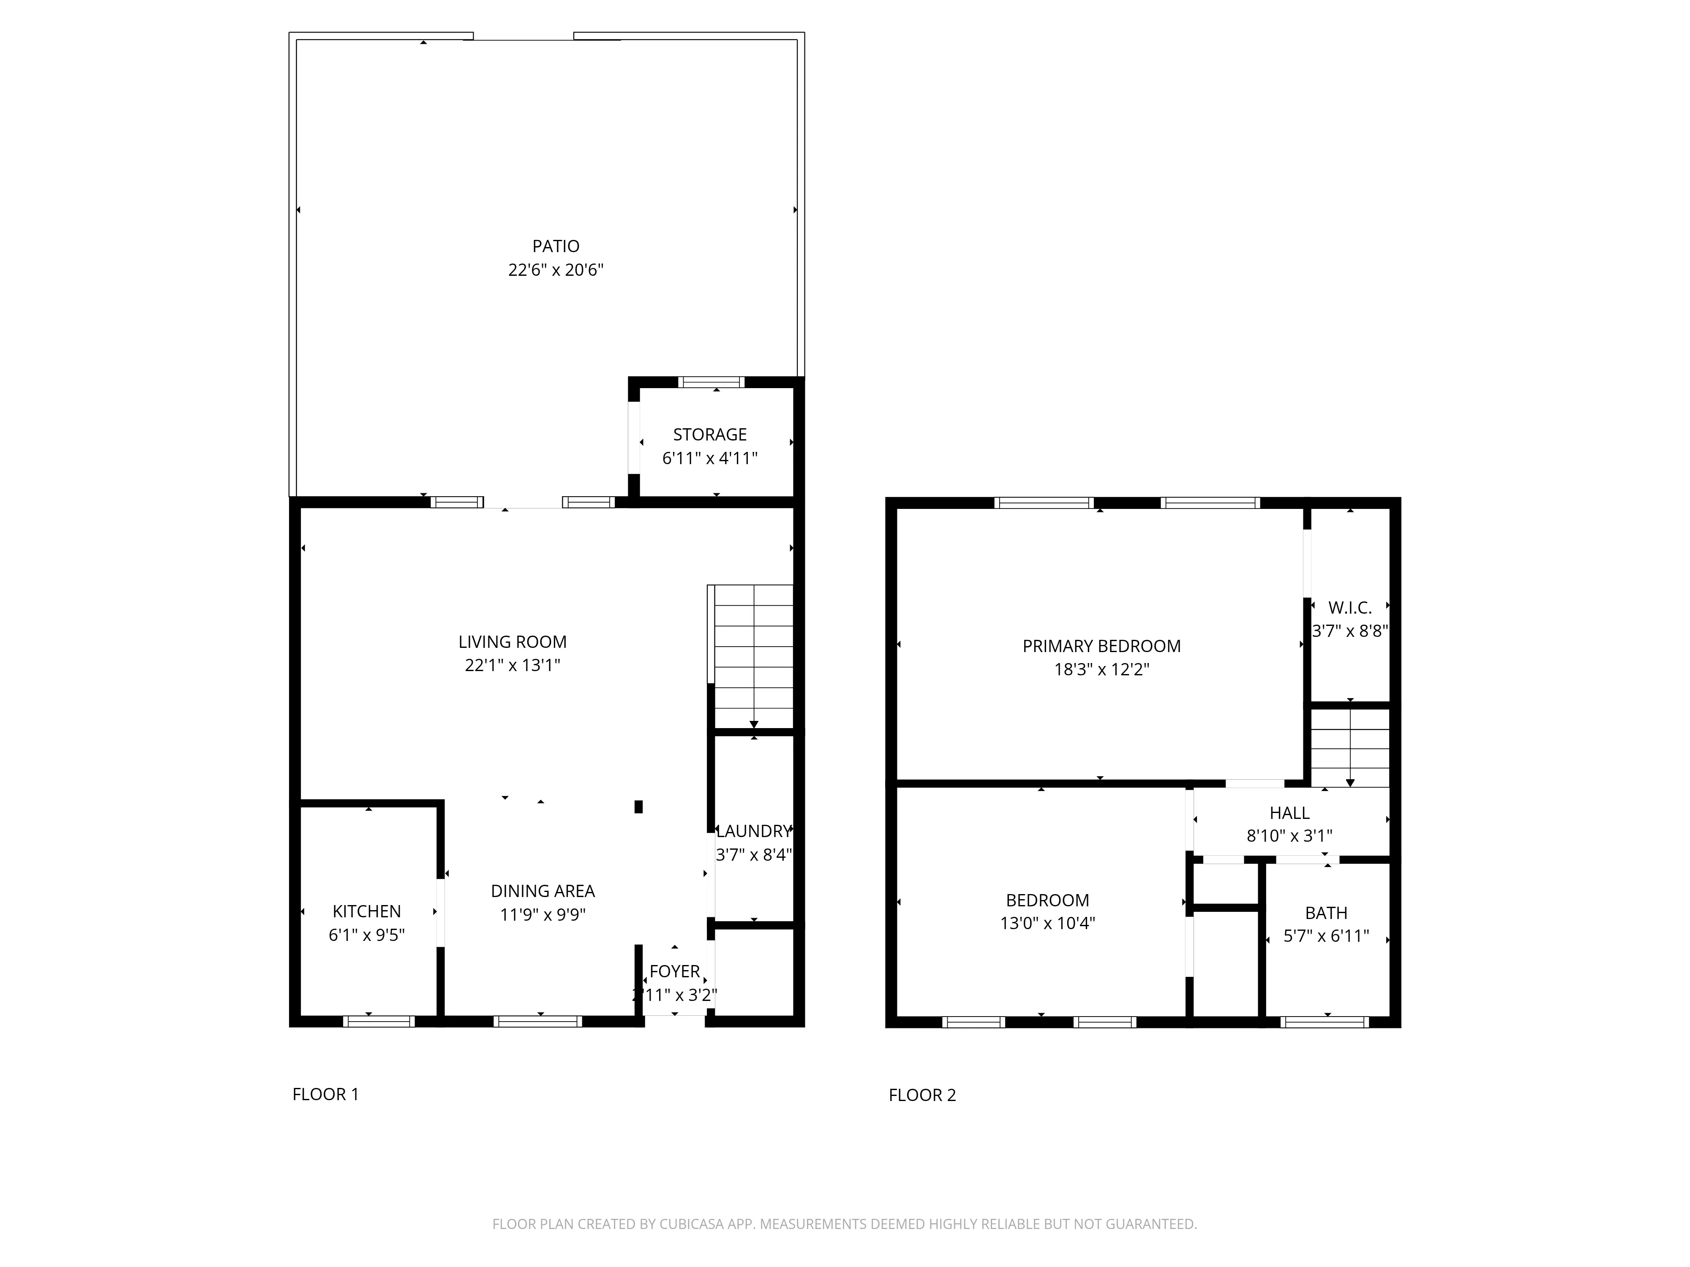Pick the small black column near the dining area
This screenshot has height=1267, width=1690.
(x=639, y=807)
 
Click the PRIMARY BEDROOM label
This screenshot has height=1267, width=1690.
(x=1101, y=646)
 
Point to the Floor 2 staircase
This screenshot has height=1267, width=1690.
(x=1350, y=747)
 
